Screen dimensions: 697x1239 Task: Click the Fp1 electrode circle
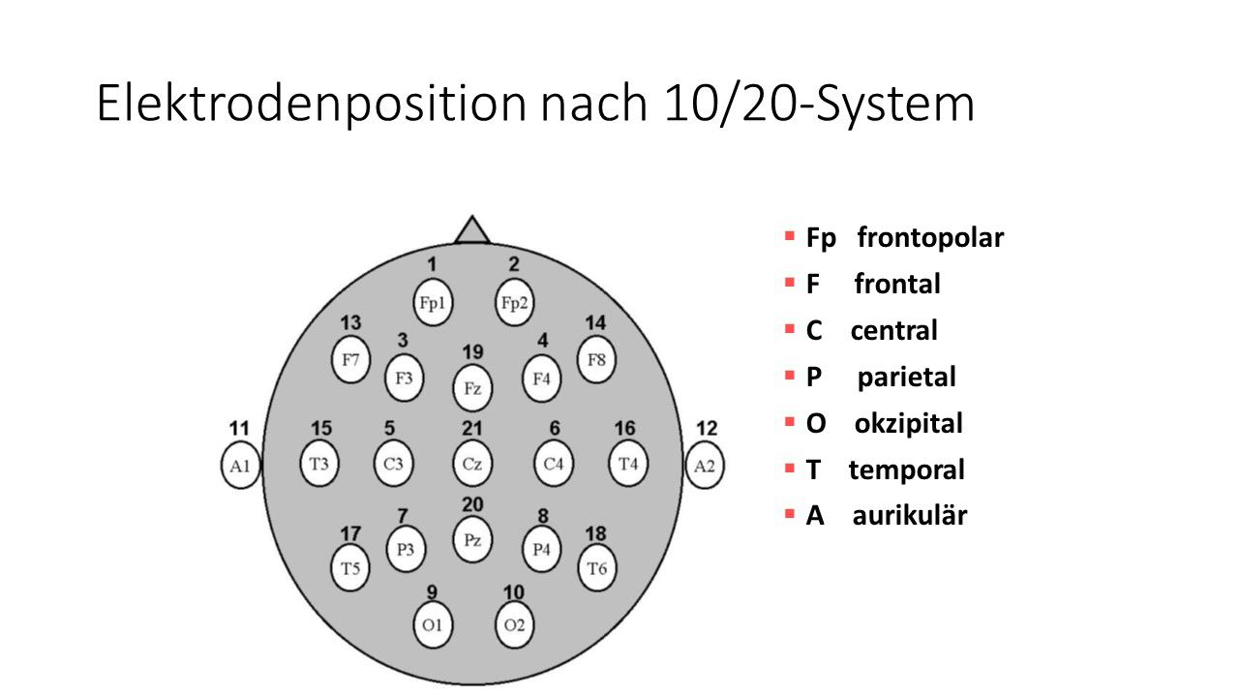click(x=432, y=303)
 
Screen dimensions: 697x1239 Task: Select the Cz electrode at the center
click(x=472, y=464)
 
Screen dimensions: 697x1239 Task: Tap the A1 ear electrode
click(x=240, y=466)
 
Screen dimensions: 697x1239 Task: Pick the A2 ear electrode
click(x=705, y=466)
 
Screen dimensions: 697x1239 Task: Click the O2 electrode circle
click(x=514, y=624)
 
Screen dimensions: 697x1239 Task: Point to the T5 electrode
click(x=350, y=568)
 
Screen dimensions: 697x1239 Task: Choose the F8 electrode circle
click(x=597, y=360)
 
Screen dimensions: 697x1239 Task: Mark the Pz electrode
click(x=472, y=540)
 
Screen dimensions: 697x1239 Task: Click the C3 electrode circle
click(x=393, y=464)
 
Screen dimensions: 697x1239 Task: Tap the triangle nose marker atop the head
click(x=472, y=230)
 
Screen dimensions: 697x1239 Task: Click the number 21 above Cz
click(x=472, y=428)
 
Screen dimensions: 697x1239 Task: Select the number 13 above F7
click(x=350, y=323)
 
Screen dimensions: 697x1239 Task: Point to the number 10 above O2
click(x=514, y=591)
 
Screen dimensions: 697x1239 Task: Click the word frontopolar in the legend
click(x=930, y=237)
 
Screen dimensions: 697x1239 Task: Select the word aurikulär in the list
click(x=909, y=516)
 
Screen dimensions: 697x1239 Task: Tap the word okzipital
click(x=908, y=423)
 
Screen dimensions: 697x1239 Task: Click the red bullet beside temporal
click(x=789, y=469)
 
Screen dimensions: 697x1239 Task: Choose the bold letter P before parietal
click(x=814, y=377)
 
